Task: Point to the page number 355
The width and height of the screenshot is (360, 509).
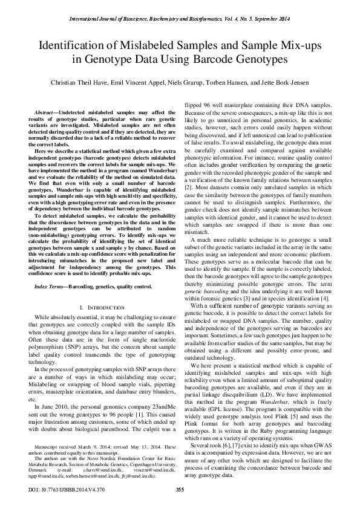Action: [x=180, y=489]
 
